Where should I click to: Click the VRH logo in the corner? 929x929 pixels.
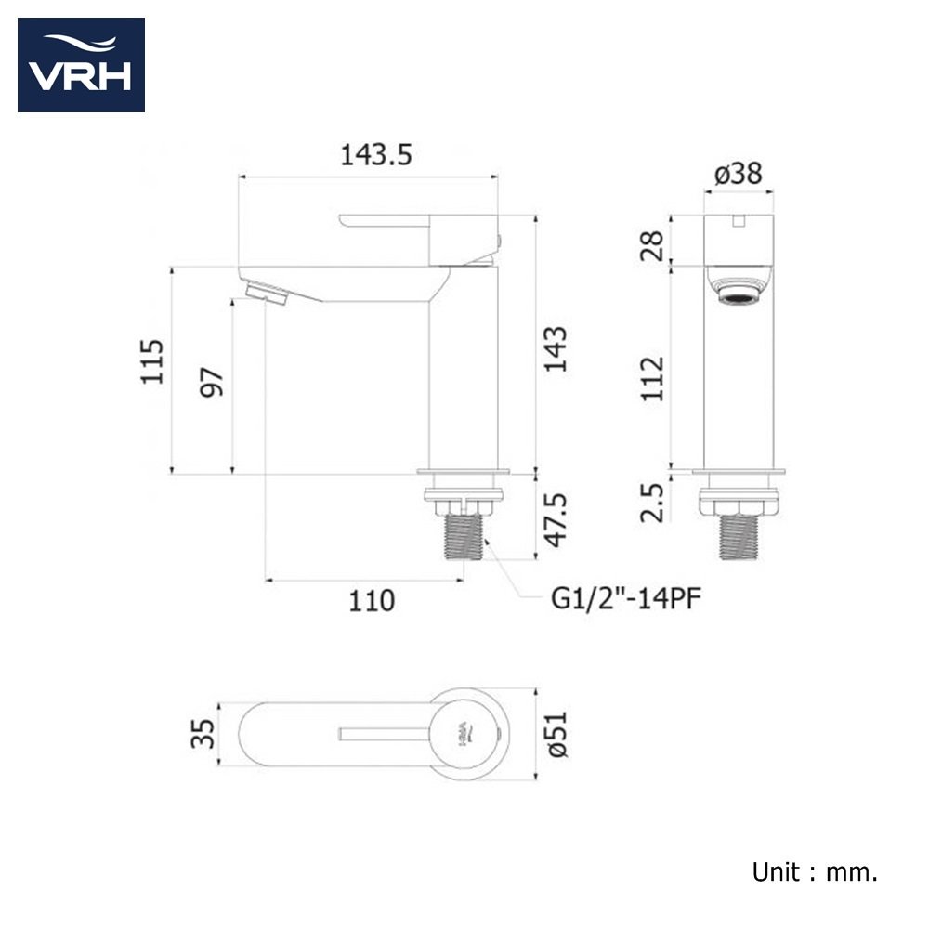(x=81, y=65)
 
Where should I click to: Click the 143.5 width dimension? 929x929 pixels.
(x=375, y=155)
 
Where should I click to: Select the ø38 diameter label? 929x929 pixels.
(x=739, y=174)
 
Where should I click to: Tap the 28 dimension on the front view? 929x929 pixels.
(x=652, y=245)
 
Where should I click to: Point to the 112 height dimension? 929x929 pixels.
(x=652, y=379)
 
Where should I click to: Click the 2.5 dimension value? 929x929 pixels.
(x=652, y=503)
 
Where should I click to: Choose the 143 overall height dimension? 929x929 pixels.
(x=556, y=349)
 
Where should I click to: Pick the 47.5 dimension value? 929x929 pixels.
(x=556, y=520)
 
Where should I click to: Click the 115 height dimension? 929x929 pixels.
(x=151, y=362)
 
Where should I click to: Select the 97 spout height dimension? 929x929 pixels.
(x=212, y=382)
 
